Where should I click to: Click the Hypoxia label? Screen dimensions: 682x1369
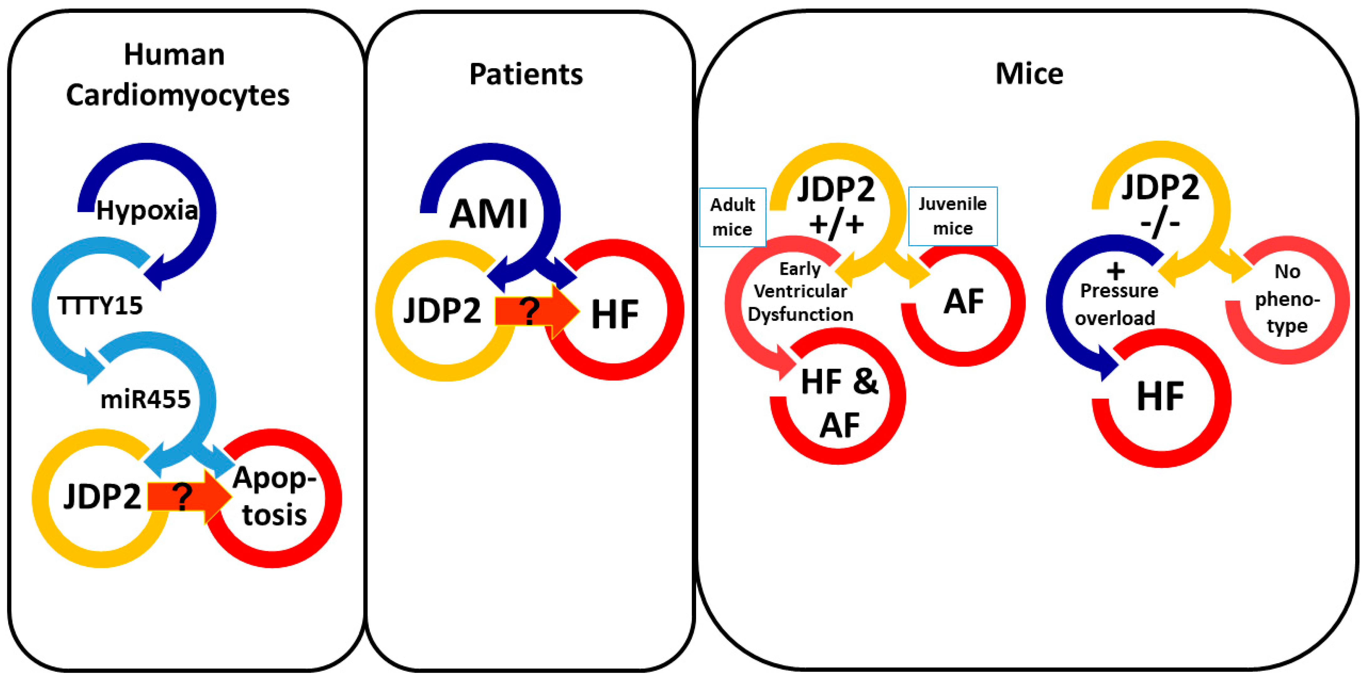tap(147, 211)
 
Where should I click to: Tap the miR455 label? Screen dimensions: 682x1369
tap(145, 399)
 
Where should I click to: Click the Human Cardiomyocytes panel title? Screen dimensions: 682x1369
tap(177, 75)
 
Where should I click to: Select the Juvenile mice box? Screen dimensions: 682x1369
tap(952, 216)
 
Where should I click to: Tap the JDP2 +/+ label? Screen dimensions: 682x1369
tap(836, 205)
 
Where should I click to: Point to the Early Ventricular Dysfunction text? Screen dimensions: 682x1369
tap(800, 292)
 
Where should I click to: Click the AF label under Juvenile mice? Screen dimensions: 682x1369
tap(963, 302)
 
